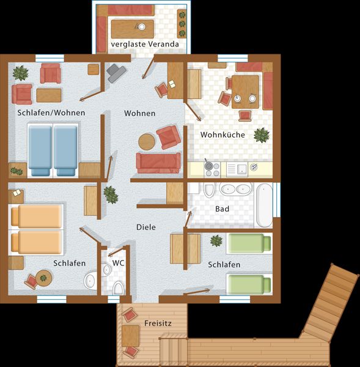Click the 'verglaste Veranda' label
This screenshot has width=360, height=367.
[145, 44]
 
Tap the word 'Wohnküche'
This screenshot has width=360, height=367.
[222, 135]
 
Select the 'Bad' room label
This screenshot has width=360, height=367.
[222, 209]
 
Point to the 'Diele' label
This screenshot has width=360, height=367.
[146, 227]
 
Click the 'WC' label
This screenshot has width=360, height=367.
[118, 263]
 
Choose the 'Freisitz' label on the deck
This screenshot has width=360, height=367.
[158, 323]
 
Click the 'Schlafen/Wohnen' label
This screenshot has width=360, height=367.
[51, 113]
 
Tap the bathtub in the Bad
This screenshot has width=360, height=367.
[264, 206]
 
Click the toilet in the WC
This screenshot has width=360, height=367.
[118, 288]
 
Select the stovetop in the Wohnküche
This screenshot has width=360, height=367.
[212, 169]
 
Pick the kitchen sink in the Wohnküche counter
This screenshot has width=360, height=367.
[237, 169]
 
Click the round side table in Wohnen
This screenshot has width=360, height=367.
[147, 142]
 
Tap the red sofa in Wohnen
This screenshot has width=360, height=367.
[158, 163]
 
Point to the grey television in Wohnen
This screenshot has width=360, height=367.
[116, 73]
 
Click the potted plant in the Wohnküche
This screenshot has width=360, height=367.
[262, 135]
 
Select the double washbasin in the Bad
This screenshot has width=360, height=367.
[236, 189]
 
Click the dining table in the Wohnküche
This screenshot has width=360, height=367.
[245, 92]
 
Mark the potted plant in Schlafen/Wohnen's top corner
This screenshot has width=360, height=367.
[21, 73]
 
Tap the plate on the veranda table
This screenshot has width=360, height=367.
[142, 27]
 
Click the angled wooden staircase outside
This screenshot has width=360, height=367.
[330, 302]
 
